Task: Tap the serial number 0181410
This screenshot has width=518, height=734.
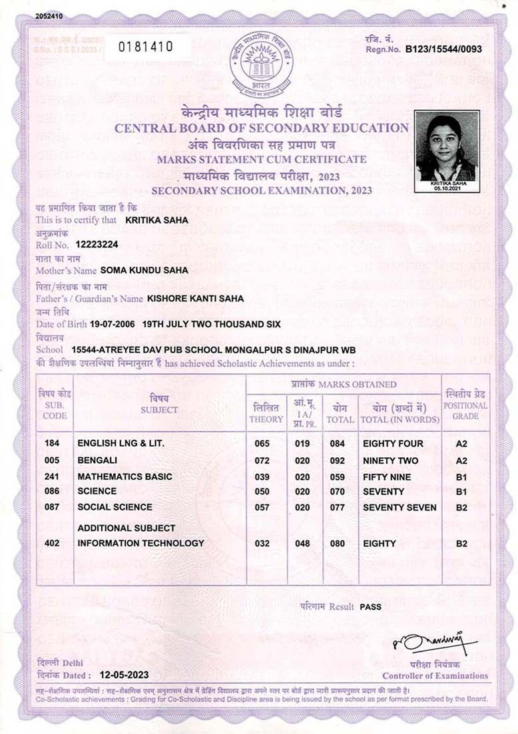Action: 145,47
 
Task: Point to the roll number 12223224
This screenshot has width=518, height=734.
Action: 97,245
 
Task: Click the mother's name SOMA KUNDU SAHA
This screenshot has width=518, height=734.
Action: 144,270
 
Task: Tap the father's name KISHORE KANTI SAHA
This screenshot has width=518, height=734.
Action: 195,299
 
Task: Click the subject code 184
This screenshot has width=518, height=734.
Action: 52,443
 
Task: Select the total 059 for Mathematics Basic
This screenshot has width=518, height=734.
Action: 339,477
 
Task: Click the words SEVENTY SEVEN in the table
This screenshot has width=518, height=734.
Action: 399,507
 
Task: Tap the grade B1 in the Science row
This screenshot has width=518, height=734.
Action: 461,492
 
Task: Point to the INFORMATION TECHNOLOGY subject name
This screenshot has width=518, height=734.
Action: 141,543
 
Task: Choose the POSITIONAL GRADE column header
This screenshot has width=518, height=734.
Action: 465,405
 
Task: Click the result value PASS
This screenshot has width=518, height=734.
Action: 370,607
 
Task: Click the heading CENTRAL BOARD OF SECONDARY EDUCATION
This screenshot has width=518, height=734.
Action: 262,128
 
